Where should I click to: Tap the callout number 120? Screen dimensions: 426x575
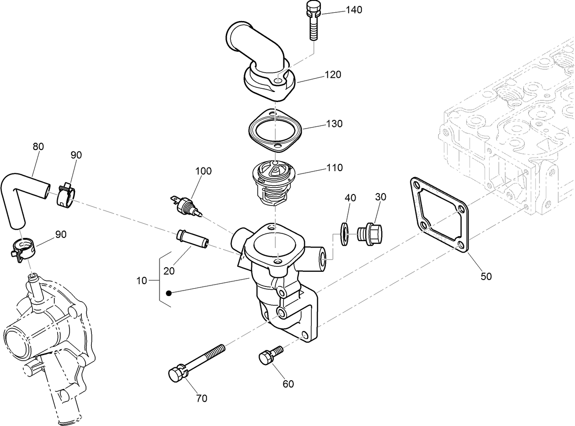click(333, 75)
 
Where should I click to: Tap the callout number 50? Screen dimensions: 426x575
click(486, 276)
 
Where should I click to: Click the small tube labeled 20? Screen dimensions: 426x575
click(192, 239)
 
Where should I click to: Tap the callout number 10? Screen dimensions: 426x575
click(142, 280)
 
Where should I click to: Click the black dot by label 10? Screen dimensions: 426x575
click(169, 293)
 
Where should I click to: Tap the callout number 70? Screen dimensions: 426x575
click(202, 398)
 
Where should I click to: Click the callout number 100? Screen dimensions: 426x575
click(203, 171)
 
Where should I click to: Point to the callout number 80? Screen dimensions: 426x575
click(38, 146)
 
